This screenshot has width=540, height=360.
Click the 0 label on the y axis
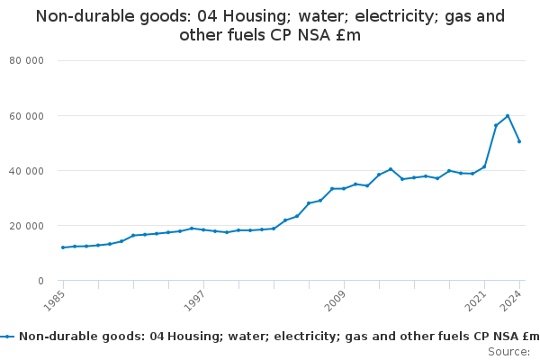point(41,281)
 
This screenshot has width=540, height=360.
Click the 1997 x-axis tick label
point(195,300)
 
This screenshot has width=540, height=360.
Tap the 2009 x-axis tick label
point(336,300)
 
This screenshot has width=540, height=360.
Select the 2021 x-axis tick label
point(476,300)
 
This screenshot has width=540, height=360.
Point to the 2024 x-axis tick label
point(511,300)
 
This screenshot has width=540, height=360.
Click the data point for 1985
point(63,247)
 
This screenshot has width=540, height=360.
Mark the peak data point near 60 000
point(508,115)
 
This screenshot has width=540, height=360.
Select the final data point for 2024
point(519,141)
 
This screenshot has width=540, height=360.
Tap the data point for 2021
point(484,166)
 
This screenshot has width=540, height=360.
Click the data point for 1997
point(203,229)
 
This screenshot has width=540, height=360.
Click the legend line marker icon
point(8,337)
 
